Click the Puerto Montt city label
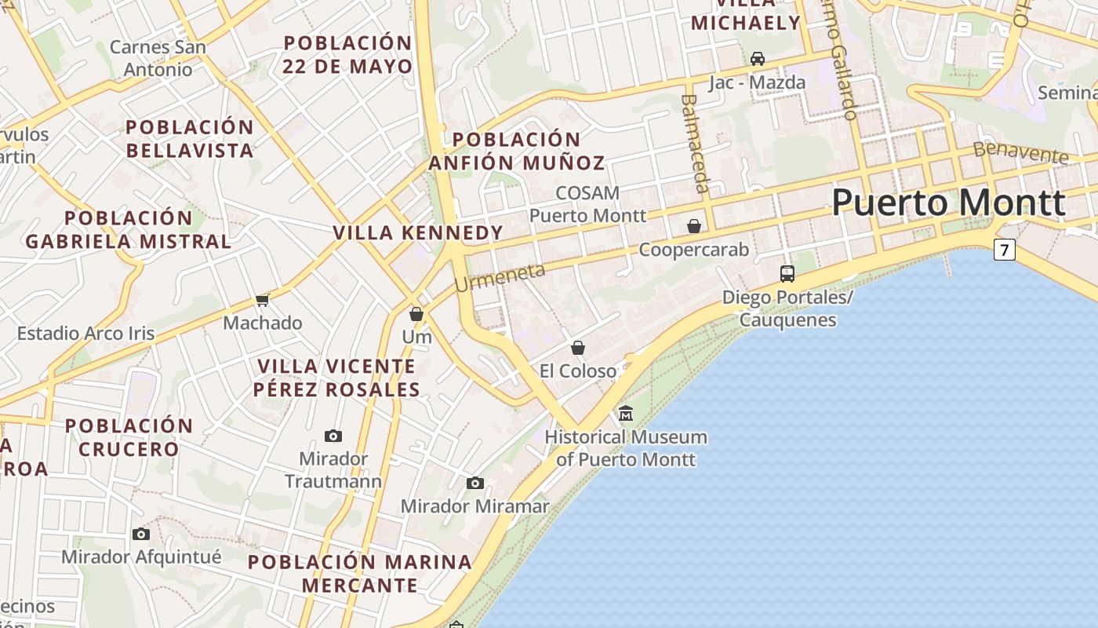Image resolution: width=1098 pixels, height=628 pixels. coord(948,203)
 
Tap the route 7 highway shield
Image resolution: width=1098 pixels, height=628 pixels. coord(1004,250)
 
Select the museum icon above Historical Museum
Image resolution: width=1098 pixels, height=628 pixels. coord(626,413)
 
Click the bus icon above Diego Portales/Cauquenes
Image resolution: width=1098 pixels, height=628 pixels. coord(787,273)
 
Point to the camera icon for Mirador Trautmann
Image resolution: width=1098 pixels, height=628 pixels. coord(333,436)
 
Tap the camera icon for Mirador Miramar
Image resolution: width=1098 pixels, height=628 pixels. coord(474,483)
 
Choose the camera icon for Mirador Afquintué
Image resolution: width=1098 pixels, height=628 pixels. coord(141,534)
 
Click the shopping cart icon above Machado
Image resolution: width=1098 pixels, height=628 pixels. coord(263,300)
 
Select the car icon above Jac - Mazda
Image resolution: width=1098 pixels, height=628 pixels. coord(758,59)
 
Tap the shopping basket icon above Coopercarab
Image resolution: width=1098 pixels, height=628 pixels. coord(694,226)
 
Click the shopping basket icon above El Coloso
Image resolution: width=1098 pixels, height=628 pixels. coord(578,347)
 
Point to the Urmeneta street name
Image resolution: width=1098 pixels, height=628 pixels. coord(500,276)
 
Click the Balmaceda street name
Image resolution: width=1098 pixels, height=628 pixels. coord(695,143)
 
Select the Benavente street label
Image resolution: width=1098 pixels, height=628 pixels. coord(1020,152)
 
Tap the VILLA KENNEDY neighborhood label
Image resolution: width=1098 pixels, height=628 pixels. coord(418,232)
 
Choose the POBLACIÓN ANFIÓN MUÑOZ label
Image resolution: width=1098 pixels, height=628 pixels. coord(517,152)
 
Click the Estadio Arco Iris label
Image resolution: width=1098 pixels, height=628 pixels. coord(86,333)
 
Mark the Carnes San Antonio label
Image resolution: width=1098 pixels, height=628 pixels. coord(158,58)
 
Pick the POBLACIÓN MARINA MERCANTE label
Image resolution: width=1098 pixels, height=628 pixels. coord(360,573)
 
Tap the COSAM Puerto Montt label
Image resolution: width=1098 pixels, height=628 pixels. coord(587,203)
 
